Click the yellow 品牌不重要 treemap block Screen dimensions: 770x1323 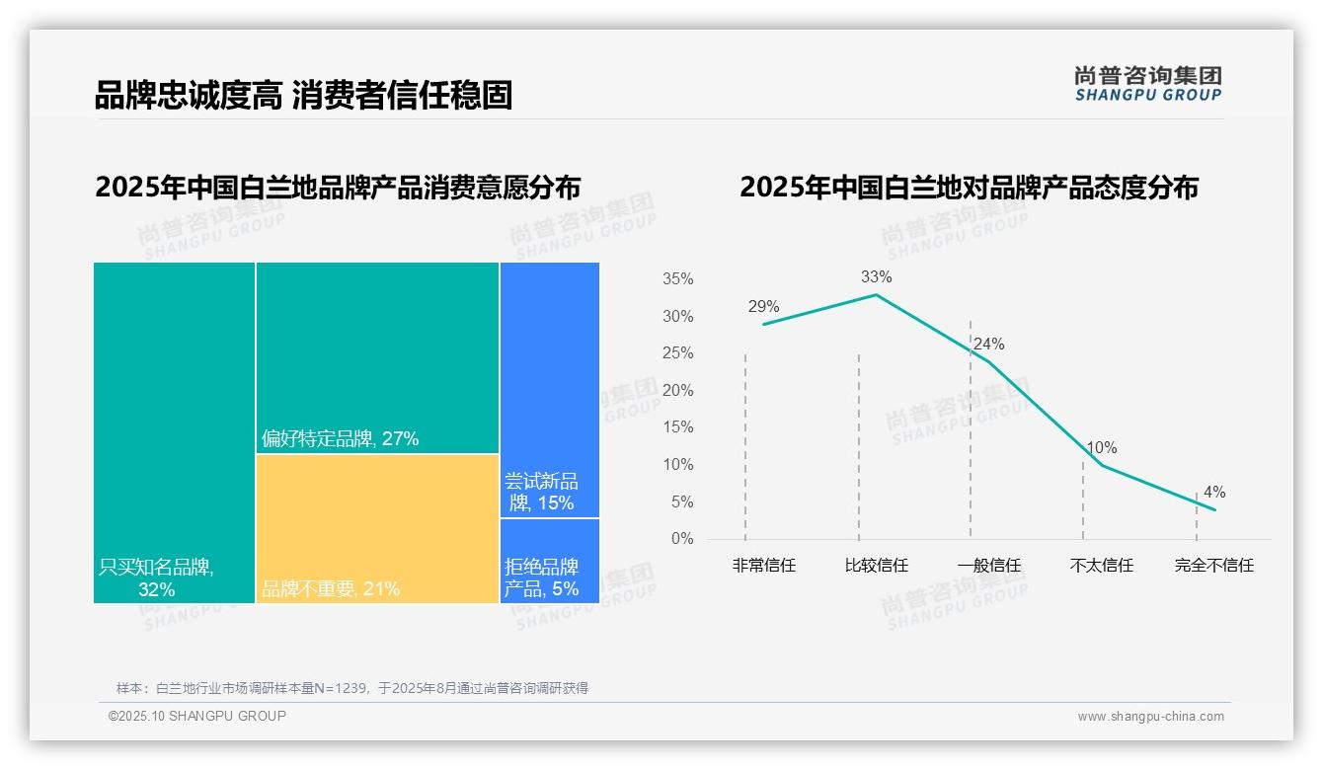377,528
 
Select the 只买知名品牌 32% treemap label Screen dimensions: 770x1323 156,578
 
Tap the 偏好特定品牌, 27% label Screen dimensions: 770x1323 341,438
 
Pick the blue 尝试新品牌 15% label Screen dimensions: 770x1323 541,492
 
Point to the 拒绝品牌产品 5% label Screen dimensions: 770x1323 541,577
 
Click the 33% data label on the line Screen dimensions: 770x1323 876,277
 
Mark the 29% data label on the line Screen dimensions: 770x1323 763,307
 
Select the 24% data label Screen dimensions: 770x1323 988,345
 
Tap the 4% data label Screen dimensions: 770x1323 1213,493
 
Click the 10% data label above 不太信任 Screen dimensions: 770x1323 1101,448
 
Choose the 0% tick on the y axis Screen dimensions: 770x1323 682,539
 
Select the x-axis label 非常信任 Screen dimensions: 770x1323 763,566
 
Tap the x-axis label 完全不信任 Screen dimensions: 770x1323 1213,566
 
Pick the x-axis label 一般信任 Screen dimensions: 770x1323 988,566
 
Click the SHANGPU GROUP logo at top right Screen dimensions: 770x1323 1147,84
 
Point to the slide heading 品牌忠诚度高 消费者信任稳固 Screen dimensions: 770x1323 303,96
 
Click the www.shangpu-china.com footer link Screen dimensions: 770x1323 1150,717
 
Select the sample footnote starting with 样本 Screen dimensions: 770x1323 351,688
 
